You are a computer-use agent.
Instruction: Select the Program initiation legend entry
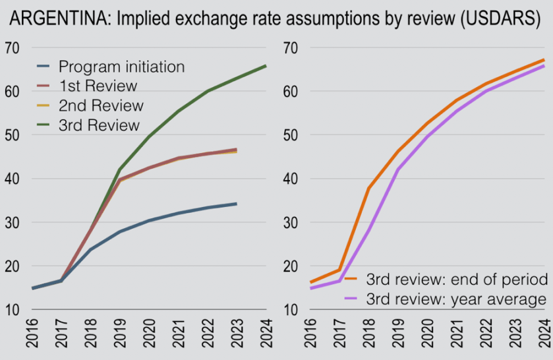tap(121, 67)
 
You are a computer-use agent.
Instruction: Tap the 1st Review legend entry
tap(98, 86)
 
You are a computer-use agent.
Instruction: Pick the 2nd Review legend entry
tap(101, 105)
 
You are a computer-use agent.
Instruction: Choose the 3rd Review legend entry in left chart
tap(100, 125)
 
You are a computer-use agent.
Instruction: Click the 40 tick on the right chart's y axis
tap(291, 179)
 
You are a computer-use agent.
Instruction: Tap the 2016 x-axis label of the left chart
tap(32, 336)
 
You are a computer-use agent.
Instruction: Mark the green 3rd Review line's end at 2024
tap(266, 65)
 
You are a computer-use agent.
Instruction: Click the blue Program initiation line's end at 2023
tap(236, 204)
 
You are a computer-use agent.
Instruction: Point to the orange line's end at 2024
tap(544, 60)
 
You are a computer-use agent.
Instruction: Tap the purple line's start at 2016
tap(310, 288)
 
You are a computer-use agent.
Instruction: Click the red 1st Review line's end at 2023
tap(236, 150)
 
